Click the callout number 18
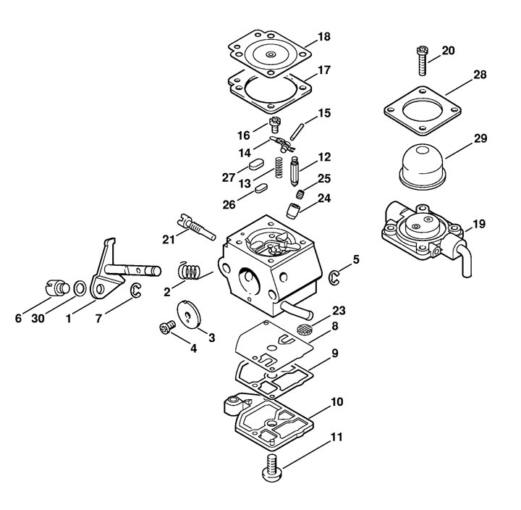[324, 37]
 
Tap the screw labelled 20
[422, 61]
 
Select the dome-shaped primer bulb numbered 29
[423, 167]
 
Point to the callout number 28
[480, 75]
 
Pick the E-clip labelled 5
[334, 278]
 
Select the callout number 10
[337, 401]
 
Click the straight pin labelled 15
[297, 132]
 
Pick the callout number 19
[479, 224]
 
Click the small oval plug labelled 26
[262, 188]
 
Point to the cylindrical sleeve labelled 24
[293, 211]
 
